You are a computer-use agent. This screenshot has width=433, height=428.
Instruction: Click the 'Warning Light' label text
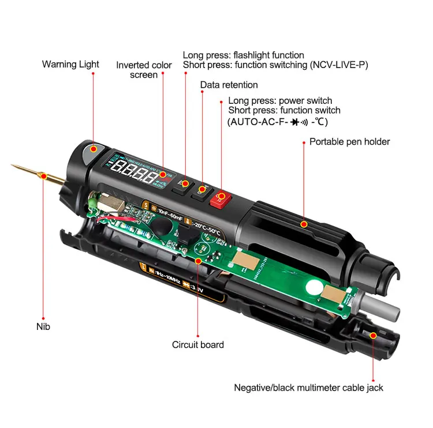click(x=70, y=64)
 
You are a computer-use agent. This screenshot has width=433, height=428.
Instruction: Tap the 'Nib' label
click(x=43, y=326)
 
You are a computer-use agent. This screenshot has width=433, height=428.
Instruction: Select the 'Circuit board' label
click(x=198, y=344)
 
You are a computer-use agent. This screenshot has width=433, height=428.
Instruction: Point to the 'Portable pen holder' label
click(x=349, y=141)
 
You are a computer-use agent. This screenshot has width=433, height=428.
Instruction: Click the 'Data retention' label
click(x=229, y=85)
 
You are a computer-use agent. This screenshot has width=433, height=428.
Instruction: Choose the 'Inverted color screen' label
click(x=144, y=70)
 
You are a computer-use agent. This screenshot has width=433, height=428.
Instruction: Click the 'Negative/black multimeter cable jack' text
click(x=308, y=388)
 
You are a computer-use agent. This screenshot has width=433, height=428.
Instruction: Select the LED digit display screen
click(x=135, y=170)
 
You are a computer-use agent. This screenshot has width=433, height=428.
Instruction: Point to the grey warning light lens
click(x=92, y=152)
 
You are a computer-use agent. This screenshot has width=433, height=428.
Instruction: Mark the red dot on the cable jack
click(x=373, y=335)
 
